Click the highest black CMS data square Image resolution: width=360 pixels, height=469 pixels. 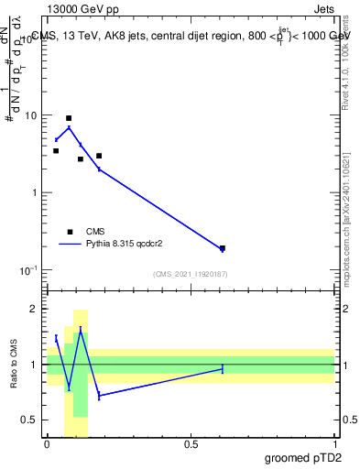(69, 118)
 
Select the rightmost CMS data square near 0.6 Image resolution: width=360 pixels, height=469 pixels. (223, 247)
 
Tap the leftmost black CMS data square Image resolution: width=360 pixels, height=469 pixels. (56, 150)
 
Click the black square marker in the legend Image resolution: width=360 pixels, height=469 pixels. (70, 232)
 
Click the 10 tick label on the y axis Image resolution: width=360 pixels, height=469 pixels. (31, 116)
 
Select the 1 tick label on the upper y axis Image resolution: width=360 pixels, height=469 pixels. (34, 193)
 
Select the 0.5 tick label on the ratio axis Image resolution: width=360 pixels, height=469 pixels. (29, 420)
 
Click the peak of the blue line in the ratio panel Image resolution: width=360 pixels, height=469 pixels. (81, 330)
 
